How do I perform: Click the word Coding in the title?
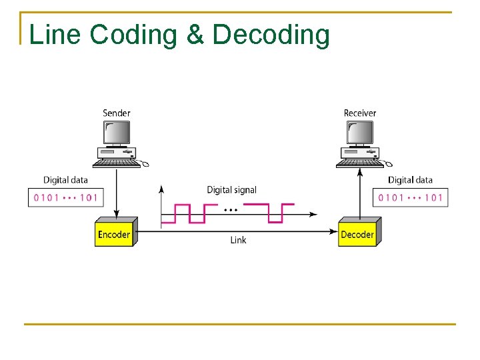coord(133,35)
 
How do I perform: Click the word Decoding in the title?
coord(271,35)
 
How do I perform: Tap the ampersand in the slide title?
coord(195,35)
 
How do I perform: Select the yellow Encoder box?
coord(115,234)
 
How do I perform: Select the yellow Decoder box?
coord(357,234)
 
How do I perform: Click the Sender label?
coord(117,113)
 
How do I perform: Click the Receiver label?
coord(360,113)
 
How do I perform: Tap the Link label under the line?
coord(238,240)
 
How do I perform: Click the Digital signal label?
coord(231,190)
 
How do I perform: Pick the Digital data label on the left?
coord(65,180)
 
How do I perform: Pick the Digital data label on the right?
coord(410,180)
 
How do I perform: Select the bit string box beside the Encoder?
coord(65,197)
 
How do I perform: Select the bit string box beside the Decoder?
coord(410,197)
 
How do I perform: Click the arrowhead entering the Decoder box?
coord(334,231)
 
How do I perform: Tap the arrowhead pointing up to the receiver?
coord(360,172)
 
